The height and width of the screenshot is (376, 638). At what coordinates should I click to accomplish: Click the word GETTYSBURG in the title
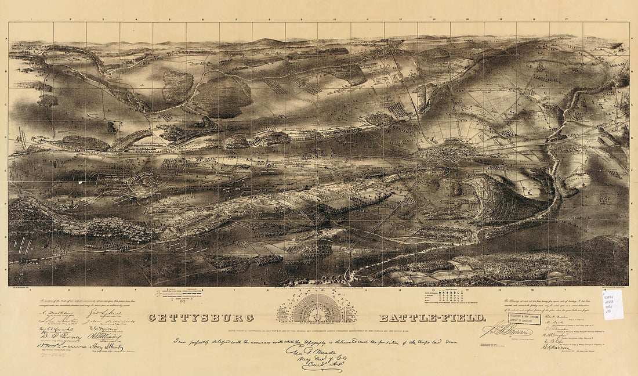201,318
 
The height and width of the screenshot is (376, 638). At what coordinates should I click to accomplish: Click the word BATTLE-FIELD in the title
432,318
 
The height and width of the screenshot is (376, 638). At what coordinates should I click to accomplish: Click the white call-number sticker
612,303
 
